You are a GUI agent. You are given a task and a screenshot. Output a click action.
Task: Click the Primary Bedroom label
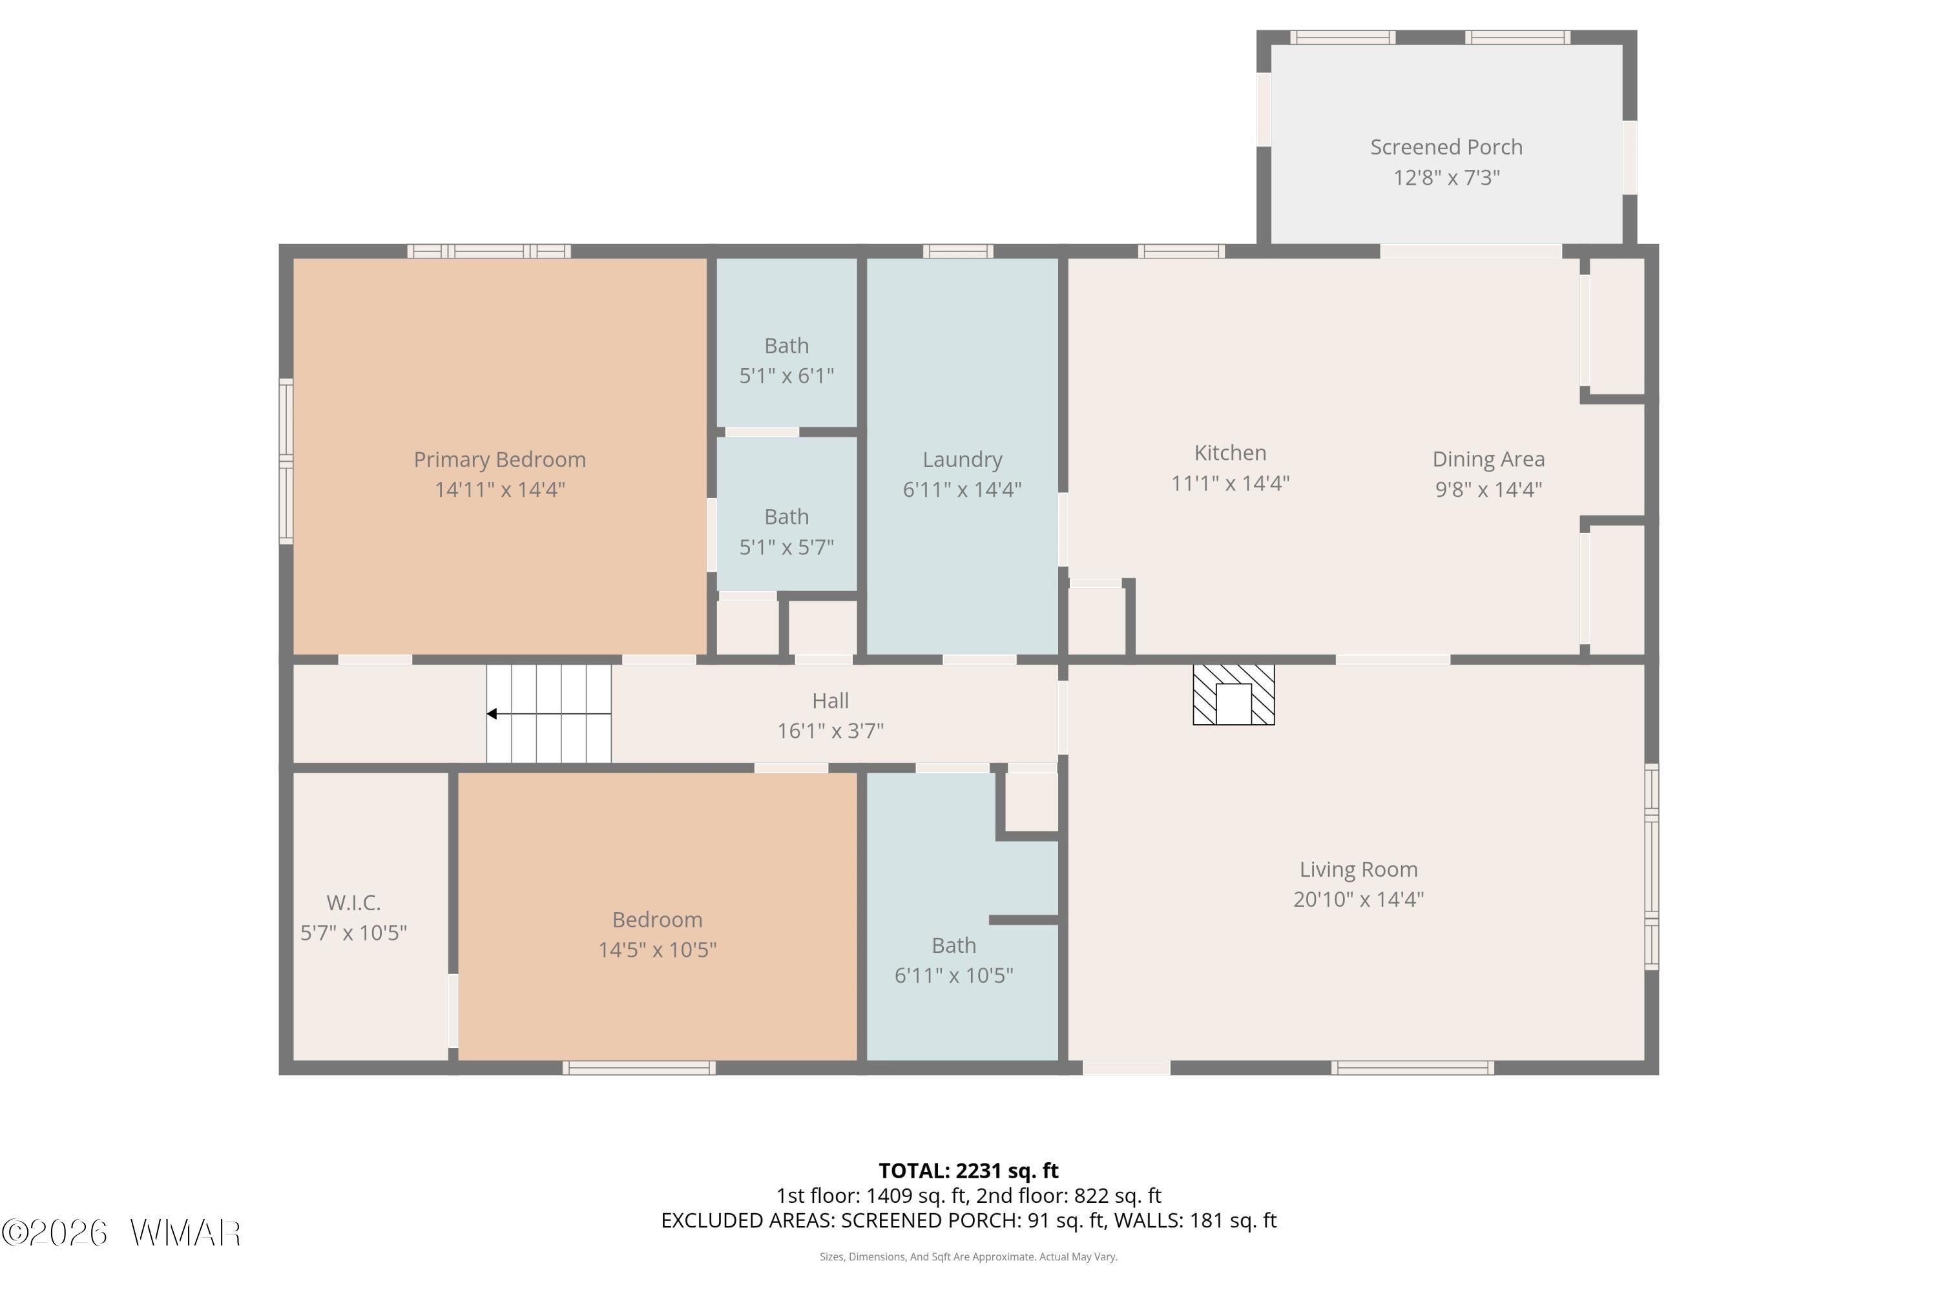[x=499, y=460]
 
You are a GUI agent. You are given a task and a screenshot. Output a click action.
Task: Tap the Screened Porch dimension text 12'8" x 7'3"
[x=1446, y=178]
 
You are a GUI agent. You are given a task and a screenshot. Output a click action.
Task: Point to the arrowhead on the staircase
[x=492, y=714]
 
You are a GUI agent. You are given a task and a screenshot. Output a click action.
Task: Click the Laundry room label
[x=962, y=460]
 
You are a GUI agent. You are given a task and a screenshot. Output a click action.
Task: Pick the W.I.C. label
[x=353, y=902]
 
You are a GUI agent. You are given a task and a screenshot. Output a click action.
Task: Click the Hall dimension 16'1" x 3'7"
[x=831, y=731]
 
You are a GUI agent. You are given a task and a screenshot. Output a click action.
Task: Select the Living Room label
[x=1358, y=870]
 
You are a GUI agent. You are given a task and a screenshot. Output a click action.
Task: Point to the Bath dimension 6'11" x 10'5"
[x=953, y=975]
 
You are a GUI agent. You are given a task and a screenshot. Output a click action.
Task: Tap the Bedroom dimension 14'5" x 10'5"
[x=657, y=950]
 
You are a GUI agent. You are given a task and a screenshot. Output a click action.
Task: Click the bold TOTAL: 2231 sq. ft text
[x=968, y=1171]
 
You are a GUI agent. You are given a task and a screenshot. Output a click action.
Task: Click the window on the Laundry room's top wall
[x=957, y=251]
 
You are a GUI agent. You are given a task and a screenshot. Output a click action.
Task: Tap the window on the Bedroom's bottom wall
[x=640, y=1068]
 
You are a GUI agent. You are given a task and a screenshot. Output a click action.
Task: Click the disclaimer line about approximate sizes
[x=968, y=1256]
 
